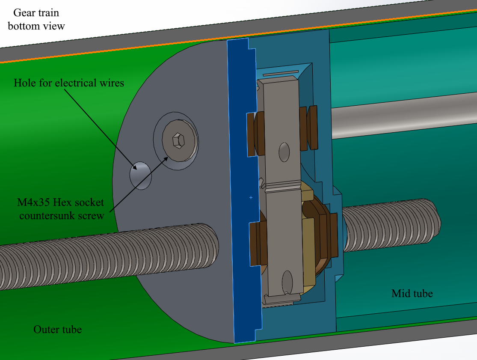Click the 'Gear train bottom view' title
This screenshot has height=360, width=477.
[36, 19]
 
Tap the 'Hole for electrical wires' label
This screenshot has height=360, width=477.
[69, 83]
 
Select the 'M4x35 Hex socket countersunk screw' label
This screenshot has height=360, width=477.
[61, 209]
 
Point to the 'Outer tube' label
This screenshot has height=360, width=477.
[57, 329]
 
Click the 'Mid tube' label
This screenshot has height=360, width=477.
[412, 293]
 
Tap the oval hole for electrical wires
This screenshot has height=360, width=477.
[141, 176]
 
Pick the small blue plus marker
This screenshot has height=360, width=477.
[251, 197]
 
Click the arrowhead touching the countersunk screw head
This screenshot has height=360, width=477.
[165, 159]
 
